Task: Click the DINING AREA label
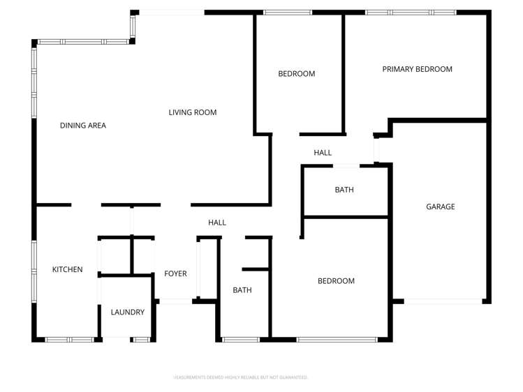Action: [x=82, y=126]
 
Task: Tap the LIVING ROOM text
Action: [x=193, y=112]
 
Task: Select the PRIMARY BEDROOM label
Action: [x=417, y=69]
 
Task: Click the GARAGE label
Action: [x=441, y=206]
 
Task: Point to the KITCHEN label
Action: [x=68, y=269]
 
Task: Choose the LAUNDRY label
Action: [x=128, y=312]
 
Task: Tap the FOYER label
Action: [x=175, y=273]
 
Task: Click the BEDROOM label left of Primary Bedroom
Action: [x=297, y=73]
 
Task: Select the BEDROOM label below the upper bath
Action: [x=336, y=281]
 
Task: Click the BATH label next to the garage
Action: [x=344, y=190]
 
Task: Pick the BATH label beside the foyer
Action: [x=242, y=290]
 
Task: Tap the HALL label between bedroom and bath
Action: [x=323, y=153]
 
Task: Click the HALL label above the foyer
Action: [x=217, y=223]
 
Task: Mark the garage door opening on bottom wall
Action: [x=443, y=301]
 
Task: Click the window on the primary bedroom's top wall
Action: [x=411, y=13]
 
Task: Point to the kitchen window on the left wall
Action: [x=34, y=268]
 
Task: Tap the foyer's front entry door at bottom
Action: [x=175, y=301]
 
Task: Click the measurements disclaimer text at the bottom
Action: [x=240, y=377]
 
